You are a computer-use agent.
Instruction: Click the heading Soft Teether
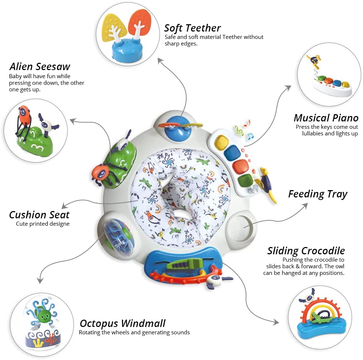tap(193, 28)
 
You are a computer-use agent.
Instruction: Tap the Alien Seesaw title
tap(40, 66)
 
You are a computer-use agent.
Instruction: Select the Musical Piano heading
tap(326, 118)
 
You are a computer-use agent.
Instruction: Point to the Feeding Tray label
tap(317, 194)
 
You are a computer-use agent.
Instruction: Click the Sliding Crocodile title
tap(306, 251)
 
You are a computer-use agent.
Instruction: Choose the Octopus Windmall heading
tap(123, 323)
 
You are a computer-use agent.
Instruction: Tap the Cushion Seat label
tap(39, 215)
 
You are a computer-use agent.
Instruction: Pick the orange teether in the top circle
tap(139, 23)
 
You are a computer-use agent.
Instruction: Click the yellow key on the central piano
tap(222, 142)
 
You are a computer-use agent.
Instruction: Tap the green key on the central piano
tap(245, 181)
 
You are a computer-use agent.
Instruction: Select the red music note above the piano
tap(247, 123)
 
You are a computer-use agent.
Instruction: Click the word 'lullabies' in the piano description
tap(313, 134)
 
